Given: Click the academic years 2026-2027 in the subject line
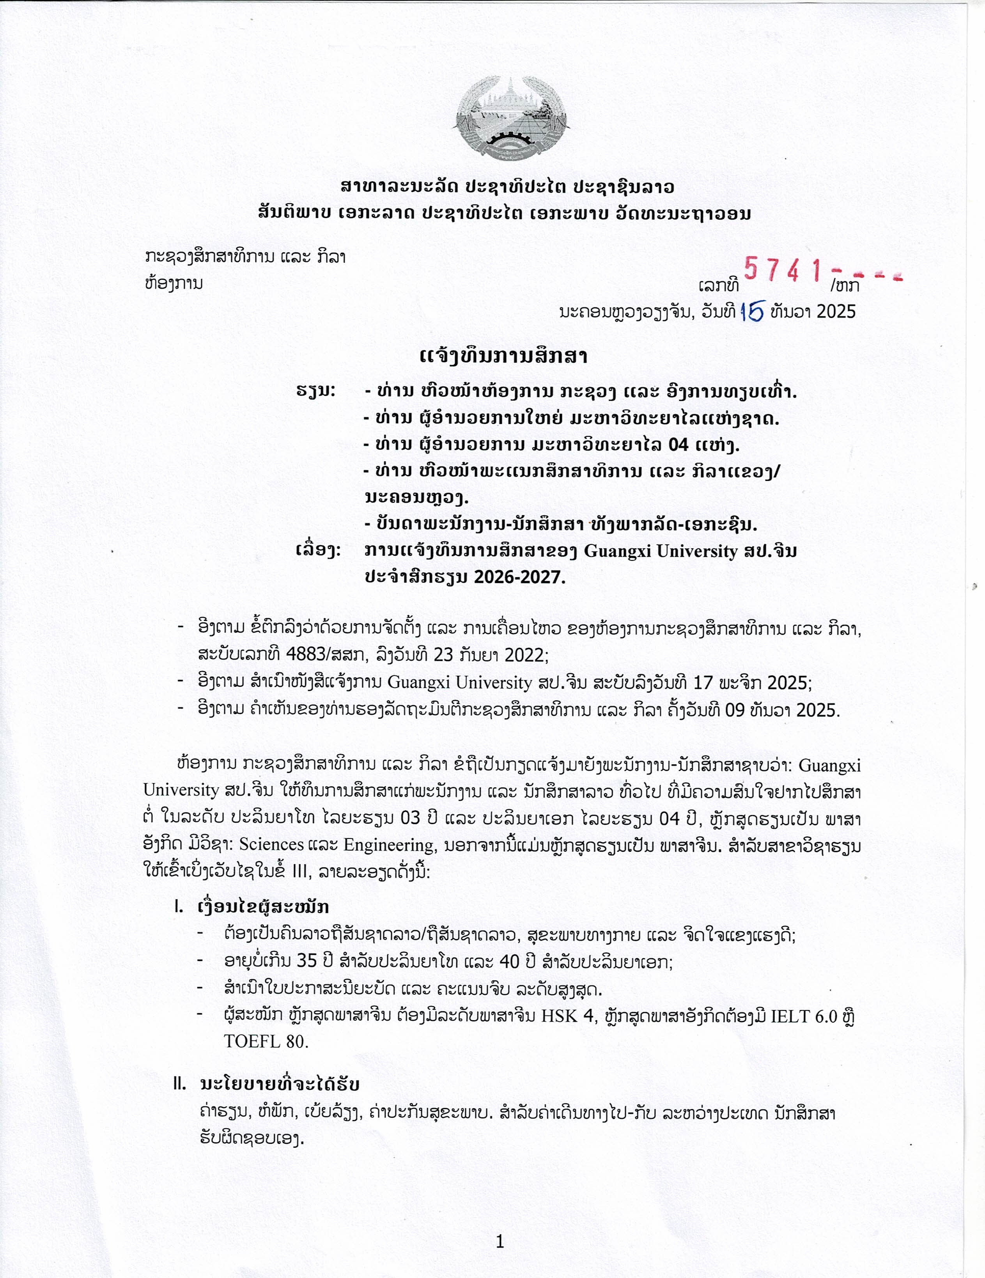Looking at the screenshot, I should pyautogui.click(x=520, y=578).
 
